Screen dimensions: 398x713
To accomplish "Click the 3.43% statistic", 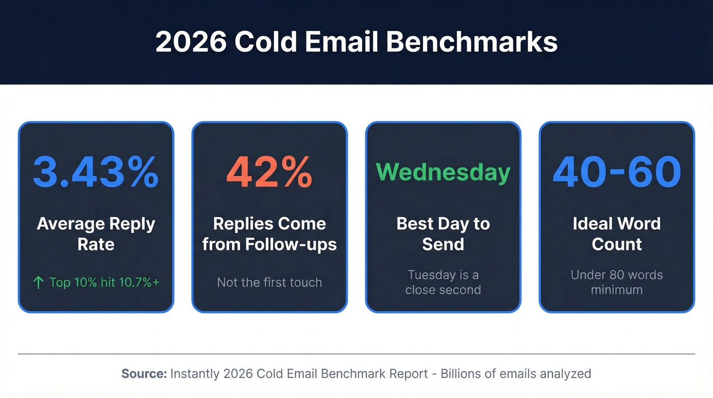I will pos(96,172).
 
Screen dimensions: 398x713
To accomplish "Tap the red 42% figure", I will pos(269,172).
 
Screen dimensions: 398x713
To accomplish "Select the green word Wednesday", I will pos(443,172).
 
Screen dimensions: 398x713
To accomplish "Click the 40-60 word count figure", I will pos(617,172).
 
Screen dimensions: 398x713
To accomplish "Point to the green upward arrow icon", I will pos(38,282).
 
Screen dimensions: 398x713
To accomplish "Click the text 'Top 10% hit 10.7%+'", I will pos(104,282).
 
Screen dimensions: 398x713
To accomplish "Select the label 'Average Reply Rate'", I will pos(96,234).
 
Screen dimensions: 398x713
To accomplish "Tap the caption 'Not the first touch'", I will pos(269,282).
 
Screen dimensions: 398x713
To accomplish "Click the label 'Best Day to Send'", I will pos(443,234).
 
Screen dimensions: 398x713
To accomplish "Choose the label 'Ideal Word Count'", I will pos(617,234).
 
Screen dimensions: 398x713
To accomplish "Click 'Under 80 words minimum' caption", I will pos(617,282).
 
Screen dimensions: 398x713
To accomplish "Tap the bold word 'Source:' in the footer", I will pos(144,374).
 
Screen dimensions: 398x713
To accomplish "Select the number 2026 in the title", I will pos(190,42).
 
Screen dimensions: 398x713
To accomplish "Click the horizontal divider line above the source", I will pos(356,354).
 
